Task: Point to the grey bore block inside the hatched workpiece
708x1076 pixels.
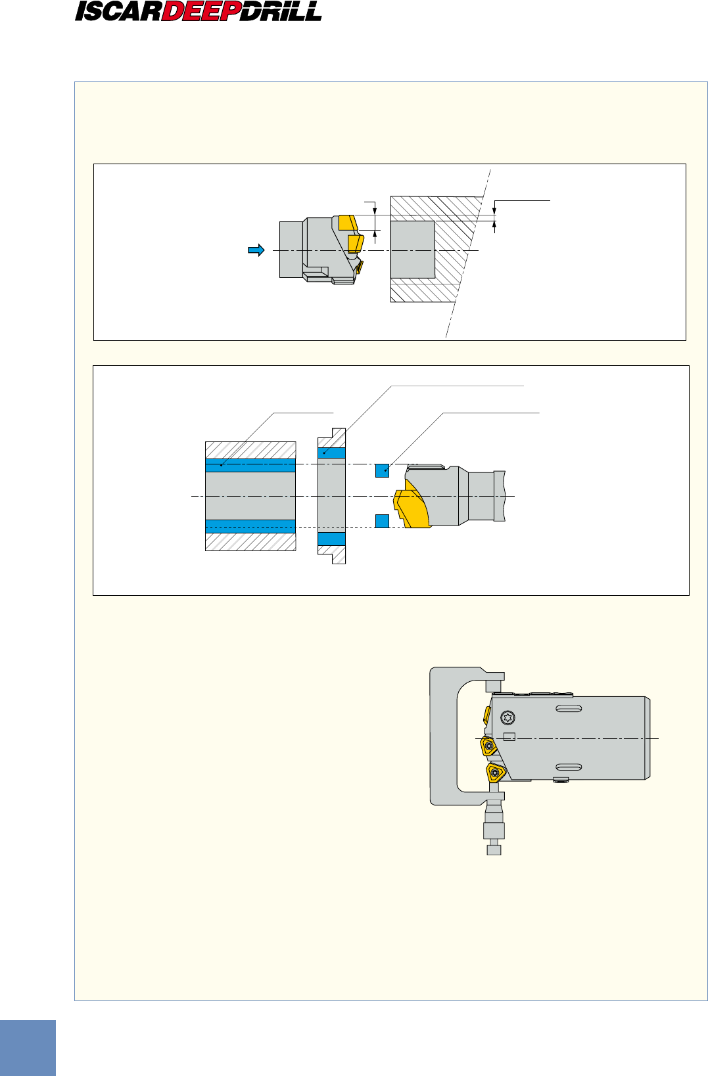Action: (412, 250)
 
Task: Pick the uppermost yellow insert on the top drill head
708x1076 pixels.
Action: (348, 222)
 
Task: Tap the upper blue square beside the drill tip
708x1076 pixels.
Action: (382, 470)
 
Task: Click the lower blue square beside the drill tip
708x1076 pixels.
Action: (382, 521)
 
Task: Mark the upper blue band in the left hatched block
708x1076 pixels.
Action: (250, 465)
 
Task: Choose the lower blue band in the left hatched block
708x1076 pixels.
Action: (250, 526)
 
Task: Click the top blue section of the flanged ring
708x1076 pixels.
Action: (331, 453)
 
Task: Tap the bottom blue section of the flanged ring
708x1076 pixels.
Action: (331, 539)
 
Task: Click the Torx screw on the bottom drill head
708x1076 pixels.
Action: (507, 717)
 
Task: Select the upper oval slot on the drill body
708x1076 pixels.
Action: (568, 709)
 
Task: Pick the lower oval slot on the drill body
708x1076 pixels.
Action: (568, 767)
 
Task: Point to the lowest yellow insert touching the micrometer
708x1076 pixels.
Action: (496, 772)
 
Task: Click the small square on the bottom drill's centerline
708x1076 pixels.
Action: (509, 736)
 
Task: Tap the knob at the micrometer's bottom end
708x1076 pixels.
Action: (494, 850)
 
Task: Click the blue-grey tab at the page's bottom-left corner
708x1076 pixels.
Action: (28, 1048)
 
